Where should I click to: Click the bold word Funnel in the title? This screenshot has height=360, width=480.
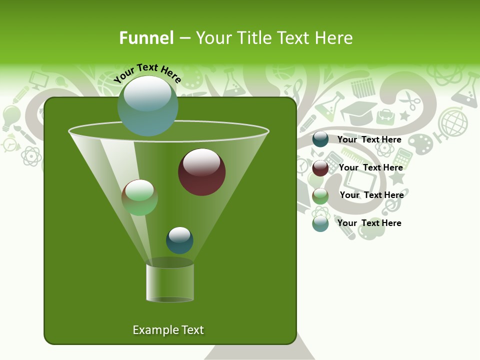pyautogui.click(x=146, y=38)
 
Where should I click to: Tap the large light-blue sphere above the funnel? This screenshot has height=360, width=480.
pyautogui.click(x=147, y=105)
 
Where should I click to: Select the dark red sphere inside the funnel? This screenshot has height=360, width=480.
pyautogui.click(x=201, y=172)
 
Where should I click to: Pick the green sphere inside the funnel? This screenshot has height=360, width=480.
pyautogui.click(x=139, y=197)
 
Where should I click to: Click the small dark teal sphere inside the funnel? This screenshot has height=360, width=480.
pyautogui.click(x=179, y=240)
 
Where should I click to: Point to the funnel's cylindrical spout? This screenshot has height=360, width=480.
pyautogui.click(x=170, y=282)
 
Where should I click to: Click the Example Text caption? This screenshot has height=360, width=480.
pyautogui.click(x=168, y=330)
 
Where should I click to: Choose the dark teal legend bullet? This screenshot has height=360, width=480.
pyautogui.click(x=320, y=139)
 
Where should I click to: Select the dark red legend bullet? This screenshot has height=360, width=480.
pyautogui.click(x=320, y=168)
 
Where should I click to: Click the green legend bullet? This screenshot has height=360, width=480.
pyautogui.click(x=320, y=195)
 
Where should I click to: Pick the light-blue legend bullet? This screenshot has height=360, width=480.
pyautogui.click(x=320, y=223)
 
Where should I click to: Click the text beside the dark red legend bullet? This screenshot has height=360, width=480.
pyautogui.click(x=370, y=168)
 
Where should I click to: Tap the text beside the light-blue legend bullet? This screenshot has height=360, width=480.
pyautogui.click(x=369, y=223)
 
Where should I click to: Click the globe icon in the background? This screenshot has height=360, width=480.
pyautogui.click(x=452, y=122)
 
